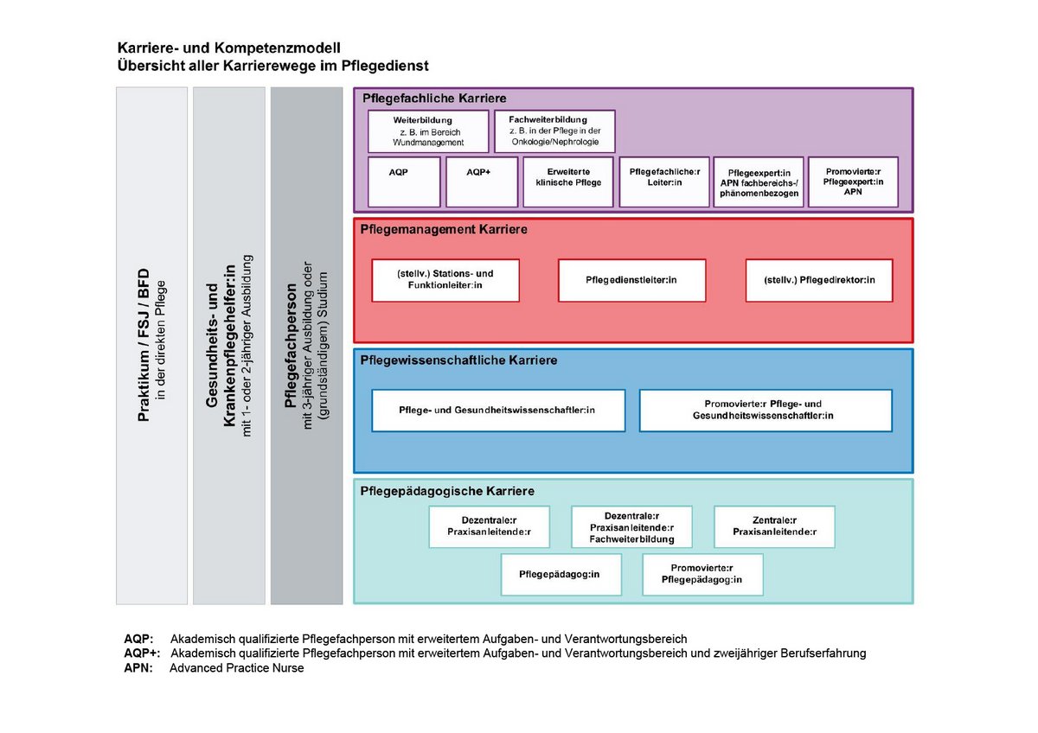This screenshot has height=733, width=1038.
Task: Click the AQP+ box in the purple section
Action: (x=482, y=182)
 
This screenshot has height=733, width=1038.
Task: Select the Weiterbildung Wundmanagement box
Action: (x=428, y=131)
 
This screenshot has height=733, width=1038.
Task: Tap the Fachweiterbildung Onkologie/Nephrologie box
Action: (x=554, y=131)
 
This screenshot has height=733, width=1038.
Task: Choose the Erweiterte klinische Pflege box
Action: (x=568, y=182)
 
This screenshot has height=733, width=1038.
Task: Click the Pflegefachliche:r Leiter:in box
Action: (x=664, y=182)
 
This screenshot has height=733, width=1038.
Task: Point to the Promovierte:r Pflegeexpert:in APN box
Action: (x=853, y=182)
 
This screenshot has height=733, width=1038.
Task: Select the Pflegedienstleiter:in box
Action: (x=631, y=281)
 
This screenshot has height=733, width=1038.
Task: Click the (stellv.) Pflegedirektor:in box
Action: (x=819, y=281)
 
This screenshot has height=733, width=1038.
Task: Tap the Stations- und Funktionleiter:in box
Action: (x=445, y=281)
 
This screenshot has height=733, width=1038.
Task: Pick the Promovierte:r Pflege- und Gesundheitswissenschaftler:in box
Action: (x=766, y=411)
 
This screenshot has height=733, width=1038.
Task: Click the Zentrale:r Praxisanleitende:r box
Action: (x=774, y=527)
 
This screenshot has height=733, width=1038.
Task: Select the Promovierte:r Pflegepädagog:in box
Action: (x=702, y=575)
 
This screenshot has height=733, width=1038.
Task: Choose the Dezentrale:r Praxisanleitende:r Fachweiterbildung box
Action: (x=631, y=527)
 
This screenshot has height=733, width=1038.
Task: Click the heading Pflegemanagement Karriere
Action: (x=444, y=230)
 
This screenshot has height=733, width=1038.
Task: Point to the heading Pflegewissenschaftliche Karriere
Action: (x=458, y=360)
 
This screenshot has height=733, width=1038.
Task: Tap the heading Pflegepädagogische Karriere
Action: (x=447, y=491)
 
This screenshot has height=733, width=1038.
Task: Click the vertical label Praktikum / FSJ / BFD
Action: (x=144, y=345)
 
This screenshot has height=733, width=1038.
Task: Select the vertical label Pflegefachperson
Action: (x=291, y=346)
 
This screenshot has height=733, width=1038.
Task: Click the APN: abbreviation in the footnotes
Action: (x=138, y=668)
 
